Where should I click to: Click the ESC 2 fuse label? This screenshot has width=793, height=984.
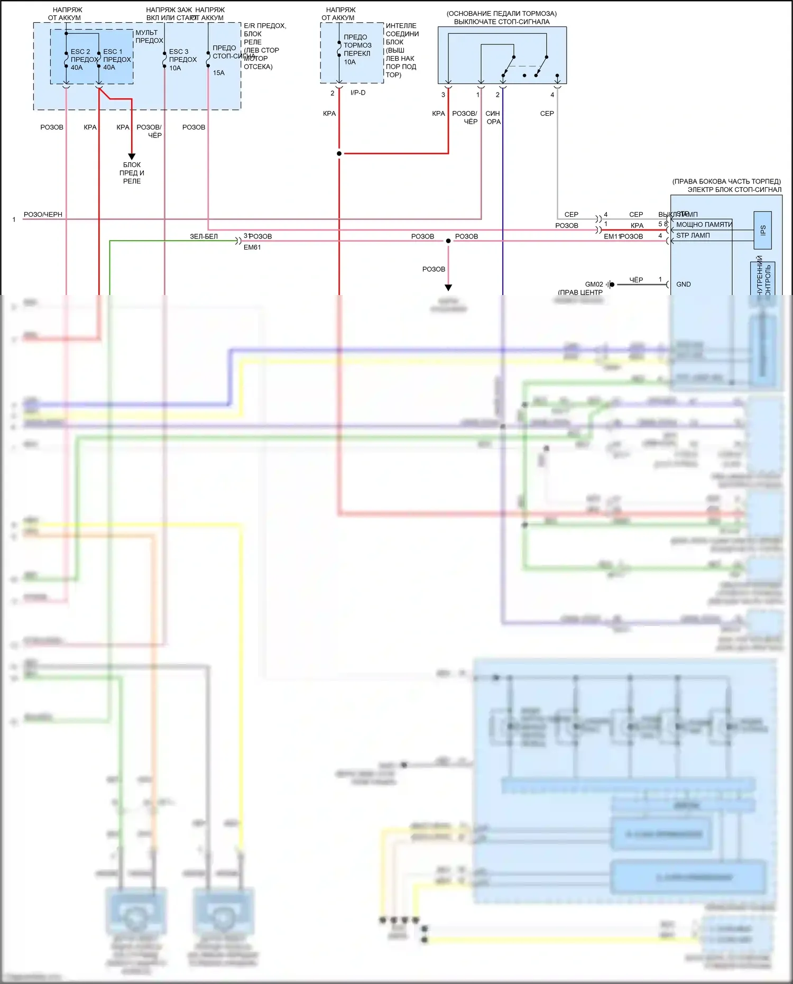[81, 52]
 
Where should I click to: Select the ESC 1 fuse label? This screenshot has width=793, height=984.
[113, 52]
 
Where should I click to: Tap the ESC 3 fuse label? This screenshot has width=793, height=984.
[179, 52]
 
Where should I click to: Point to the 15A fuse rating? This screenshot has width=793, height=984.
[219, 73]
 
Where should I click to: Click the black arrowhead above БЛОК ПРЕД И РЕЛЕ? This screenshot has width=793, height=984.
[132, 156]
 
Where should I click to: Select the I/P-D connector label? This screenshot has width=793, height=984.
[358, 93]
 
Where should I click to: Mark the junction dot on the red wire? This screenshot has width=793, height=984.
[339, 154]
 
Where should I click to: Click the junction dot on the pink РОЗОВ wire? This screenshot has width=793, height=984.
[448, 241]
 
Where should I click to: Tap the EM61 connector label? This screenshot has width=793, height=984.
[252, 247]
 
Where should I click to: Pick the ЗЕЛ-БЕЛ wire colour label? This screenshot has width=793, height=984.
[204, 236]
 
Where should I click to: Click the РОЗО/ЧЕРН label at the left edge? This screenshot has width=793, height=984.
[43, 215]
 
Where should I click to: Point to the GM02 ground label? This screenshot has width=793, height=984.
[594, 284]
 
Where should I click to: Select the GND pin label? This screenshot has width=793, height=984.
[684, 284]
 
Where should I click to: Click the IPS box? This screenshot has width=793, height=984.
[762, 231]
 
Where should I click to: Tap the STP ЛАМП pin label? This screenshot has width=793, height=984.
[693, 236]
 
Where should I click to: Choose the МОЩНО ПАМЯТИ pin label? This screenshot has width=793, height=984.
[704, 225]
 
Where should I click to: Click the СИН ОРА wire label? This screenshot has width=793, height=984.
[493, 117]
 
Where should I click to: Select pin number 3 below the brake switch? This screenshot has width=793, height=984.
[443, 95]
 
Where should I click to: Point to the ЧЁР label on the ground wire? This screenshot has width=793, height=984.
[636, 280]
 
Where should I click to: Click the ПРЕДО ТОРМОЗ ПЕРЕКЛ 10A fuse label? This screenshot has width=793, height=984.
[357, 50]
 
